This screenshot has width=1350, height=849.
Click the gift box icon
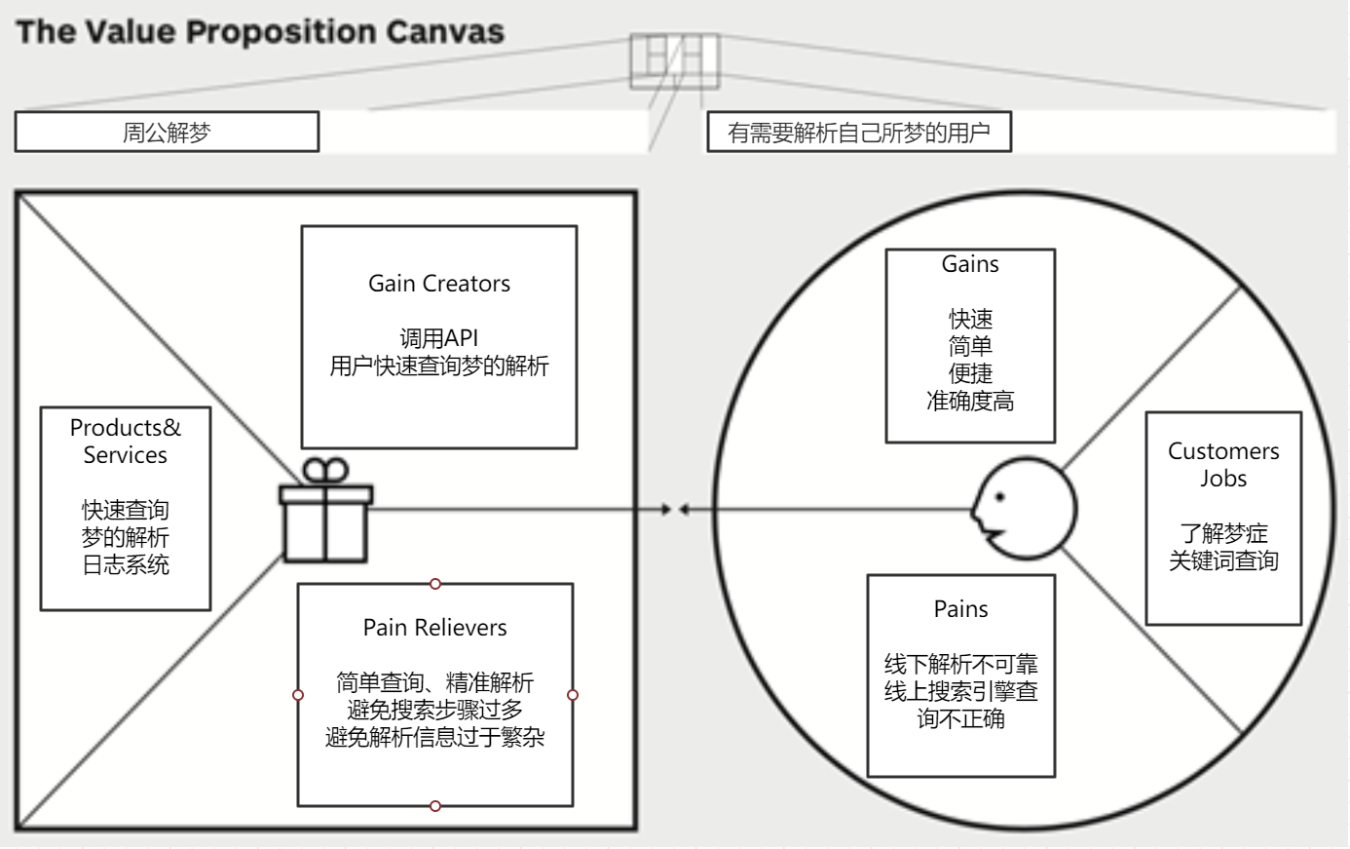pyautogui.click(x=325, y=512)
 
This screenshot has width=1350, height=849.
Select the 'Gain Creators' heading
pyautogui.click(x=439, y=284)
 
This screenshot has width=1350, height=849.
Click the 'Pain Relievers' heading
pyautogui.click(x=435, y=628)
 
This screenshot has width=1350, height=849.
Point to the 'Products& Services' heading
pyautogui.click(x=126, y=442)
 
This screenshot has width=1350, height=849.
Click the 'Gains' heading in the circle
pyautogui.click(x=970, y=264)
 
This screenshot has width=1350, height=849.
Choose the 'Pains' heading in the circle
pyautogui.click(x=960, y=609)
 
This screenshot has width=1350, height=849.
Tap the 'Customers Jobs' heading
pyautogui.click(x=1223, y=465)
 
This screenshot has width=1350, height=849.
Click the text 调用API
pyautogui.click(x=439, y=339)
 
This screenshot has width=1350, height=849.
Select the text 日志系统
pyautogui.click(x=126, y=564)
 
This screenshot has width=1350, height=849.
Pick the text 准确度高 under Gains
pyautogui.click(x=970, y=401)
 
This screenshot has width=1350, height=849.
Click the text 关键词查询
pyautogui.click(x=1223, y=560)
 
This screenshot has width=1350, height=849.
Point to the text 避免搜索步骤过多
pyautogui.click(x=435, y=711)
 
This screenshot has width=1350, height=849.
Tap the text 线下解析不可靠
pyautogui.click(x=960, y=665)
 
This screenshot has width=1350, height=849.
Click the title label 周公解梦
pyautogui.click(x=167, y=133)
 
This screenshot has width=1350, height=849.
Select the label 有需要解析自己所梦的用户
pyautogui.click(x=859, y=133)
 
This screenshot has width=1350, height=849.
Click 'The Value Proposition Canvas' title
pyautogui.click(x=260, y=31)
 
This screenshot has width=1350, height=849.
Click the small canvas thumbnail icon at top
pyautogui.click(x=674, y=60)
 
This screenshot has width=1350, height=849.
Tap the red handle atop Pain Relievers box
pyautogui.click(x=435, y=584)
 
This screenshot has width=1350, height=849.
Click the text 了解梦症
pyautogui.click(x=1223, y=533)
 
